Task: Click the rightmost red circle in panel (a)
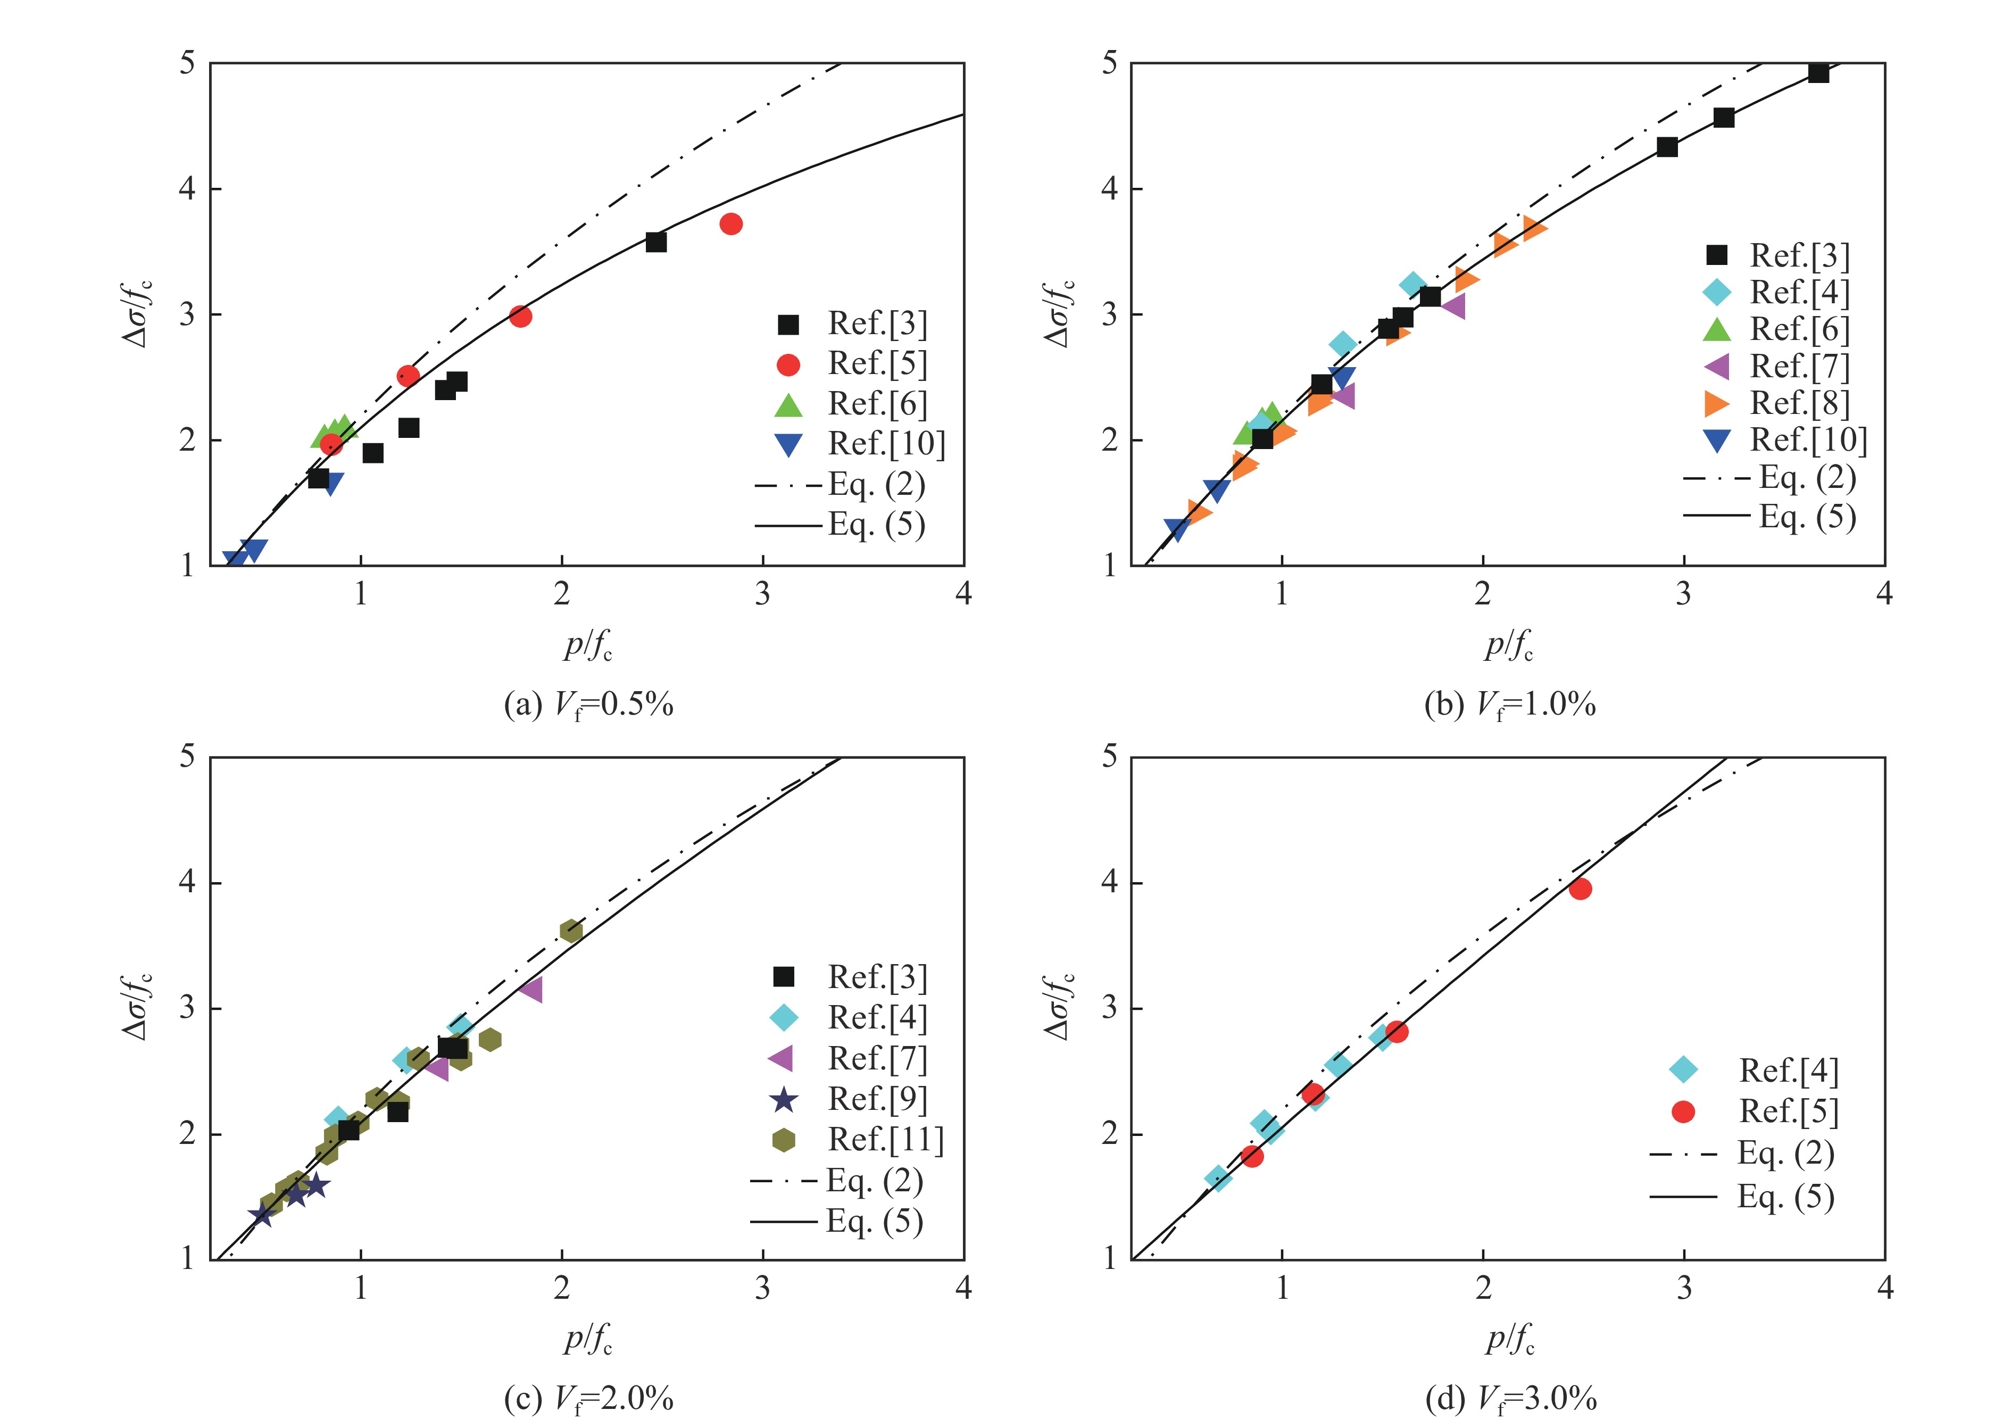730,224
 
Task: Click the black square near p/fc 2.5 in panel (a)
655,242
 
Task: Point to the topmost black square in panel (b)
1818,73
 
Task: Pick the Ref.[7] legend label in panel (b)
1799,367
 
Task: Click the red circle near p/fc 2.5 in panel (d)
1580,889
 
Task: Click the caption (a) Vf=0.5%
588,704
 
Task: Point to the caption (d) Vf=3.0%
1510,1398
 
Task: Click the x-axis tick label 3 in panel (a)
762,595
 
